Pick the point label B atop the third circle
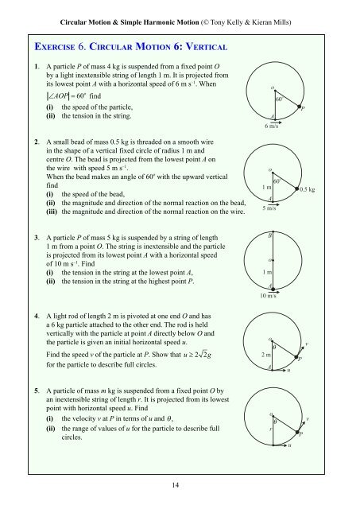pyautogui.click(x=270, y=237)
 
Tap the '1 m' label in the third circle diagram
pyautogui.click(x=267, y=272)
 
